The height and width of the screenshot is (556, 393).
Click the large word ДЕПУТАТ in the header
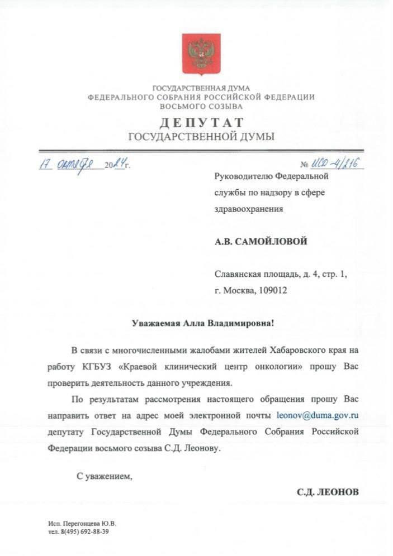201,123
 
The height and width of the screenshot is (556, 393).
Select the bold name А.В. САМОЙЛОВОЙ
261,241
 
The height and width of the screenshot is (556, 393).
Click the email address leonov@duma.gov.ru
317,415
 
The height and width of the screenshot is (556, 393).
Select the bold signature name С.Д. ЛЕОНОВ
328,492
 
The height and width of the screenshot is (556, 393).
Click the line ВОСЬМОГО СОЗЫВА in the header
201,106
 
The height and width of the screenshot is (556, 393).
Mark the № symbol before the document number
305,165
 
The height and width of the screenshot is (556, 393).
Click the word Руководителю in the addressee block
243,176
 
